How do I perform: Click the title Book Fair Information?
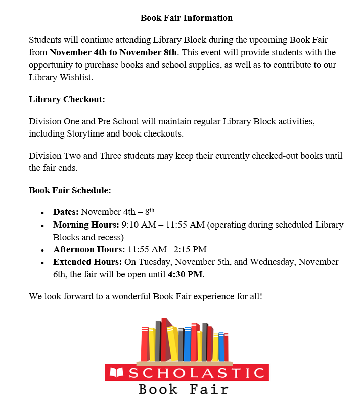[x=186, y=18]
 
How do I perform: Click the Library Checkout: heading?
[x=67, y=99]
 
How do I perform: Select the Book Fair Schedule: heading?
[x=70, y=191]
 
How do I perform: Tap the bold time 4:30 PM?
[x=185, y=275]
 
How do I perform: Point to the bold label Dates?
[x=66, y=212]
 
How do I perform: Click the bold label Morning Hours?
[x=86, y=225]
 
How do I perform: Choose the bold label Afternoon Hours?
[x=89, y=249]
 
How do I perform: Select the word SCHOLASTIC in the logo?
[x=197, y=373]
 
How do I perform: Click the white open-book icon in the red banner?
[x=117, y=373]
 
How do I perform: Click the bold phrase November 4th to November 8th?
[x=113, y=53]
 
